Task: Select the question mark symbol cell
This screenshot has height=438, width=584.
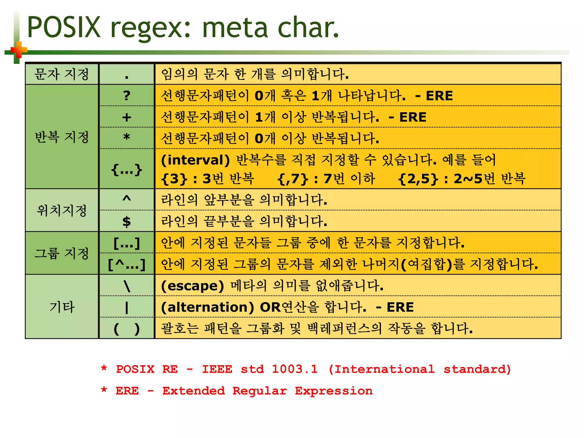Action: click(x=127, y=96)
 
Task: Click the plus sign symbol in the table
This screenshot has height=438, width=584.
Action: click(x=127, y=117)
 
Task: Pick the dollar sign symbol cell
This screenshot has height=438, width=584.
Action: click(x=127, y=222)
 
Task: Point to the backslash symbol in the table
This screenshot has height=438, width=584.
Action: click(x=127, y=286)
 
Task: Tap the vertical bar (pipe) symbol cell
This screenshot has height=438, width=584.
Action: click(x=127, y=307)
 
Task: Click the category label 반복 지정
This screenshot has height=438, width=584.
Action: click(x=62, y=137)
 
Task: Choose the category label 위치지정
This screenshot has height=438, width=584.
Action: click(x=62, y=210)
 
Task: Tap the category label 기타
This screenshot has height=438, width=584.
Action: click(x=62, y=307)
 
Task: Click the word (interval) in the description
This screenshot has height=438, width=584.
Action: click(x=195, y=160)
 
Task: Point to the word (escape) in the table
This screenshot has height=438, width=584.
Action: click(x=192, y=286)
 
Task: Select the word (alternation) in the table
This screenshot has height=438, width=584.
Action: click(x=207, y=307)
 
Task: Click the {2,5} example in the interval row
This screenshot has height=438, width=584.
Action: click(x=418, y=179)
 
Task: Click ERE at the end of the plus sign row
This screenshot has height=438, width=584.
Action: click(x=413, y=117)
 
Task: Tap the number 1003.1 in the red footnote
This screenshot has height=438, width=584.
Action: click(x=295, y=369)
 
